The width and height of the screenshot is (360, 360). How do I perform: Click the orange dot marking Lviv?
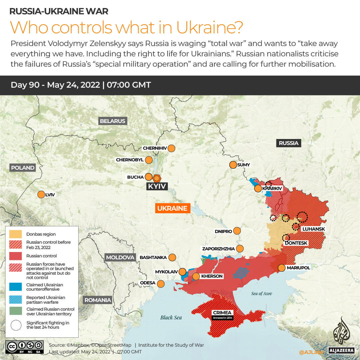point(41,195)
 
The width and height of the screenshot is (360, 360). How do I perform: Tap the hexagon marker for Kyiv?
point(157,178)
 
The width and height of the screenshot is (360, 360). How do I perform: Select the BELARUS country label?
point(113,121)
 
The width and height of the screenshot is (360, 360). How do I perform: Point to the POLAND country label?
point(23,168)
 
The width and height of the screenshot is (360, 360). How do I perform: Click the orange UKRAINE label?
point(172,208)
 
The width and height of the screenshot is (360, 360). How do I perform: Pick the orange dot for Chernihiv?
point(172,148)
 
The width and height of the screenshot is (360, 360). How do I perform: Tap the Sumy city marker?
point(233,165)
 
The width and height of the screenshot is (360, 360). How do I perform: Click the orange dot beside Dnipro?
point(237,231)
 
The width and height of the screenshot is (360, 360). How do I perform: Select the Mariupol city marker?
point(281,268)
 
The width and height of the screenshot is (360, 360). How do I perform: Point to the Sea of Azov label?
point(262,293)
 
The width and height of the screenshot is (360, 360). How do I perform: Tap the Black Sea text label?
point(171,317)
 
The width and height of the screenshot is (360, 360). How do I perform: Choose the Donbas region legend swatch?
point(16,234)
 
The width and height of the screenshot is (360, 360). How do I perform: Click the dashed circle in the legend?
point(16,325)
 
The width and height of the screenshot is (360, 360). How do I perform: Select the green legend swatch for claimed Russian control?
point(16,311)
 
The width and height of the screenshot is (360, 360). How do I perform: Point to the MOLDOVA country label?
point(120,257)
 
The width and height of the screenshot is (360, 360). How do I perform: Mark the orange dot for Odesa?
point(161,284)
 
